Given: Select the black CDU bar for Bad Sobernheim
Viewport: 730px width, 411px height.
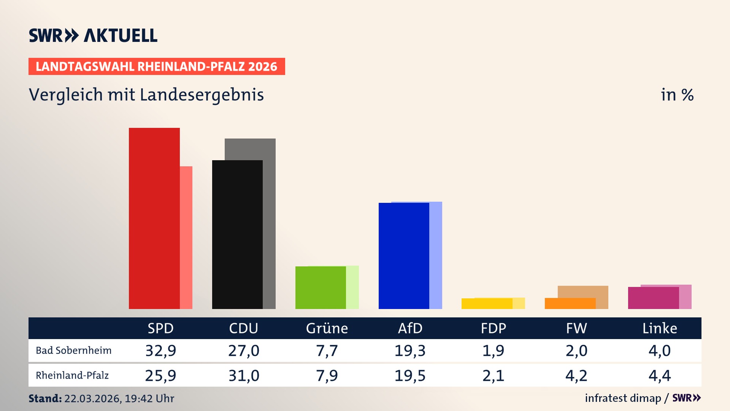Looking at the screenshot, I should tap(237, 234).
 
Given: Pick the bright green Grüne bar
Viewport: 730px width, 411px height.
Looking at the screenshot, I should tap(321, 287).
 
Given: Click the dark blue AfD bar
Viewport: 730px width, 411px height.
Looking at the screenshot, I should tap(404, 256).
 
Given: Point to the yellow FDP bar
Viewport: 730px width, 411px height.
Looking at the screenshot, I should tap(487, 304).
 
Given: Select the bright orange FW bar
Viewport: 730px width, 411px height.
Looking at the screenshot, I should tap(570, 303).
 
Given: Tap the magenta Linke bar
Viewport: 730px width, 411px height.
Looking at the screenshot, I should tap(653, 298).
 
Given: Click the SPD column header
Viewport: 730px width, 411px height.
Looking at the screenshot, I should tap(160, 328).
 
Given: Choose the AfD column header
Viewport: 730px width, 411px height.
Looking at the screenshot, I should tap(410, 328).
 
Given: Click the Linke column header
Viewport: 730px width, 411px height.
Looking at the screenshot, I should tap(660, 328).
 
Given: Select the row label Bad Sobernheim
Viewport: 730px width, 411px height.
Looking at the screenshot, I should tap(74, 350).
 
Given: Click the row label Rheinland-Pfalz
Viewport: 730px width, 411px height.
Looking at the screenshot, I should tap(72, 376).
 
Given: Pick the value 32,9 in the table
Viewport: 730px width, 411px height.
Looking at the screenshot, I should tap(160, 350).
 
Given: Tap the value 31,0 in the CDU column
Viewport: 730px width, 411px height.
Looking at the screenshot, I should tap(244, 376).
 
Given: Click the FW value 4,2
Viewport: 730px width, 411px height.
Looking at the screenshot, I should tap(576, 376).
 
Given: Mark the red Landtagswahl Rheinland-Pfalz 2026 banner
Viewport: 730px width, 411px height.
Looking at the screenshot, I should tap(157, 67).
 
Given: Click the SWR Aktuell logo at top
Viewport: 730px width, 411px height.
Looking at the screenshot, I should tap(93, 35).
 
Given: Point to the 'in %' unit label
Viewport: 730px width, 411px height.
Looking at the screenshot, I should tap(677, 95).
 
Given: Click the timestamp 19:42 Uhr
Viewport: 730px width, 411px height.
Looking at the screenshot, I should tap(149, 398).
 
